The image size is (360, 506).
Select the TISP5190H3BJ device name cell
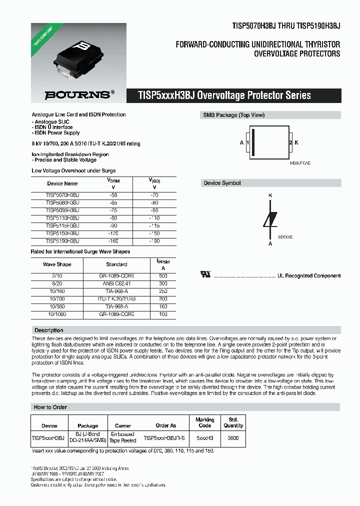62,241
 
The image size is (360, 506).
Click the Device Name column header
62,183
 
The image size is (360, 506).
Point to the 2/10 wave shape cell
57,275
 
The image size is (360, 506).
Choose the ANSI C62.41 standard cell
116,283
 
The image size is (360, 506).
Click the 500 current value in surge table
162,275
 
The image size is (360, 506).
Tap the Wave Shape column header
57,264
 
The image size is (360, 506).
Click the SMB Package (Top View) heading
233,115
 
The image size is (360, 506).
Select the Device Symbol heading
222,183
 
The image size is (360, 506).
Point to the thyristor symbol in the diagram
270,219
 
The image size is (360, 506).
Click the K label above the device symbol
270,195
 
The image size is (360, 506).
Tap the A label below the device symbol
270,243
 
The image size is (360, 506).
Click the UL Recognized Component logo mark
205,275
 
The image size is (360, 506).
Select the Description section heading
48,330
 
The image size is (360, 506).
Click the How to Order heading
50,407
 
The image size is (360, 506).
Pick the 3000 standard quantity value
233,438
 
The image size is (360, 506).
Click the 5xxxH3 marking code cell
204,438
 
